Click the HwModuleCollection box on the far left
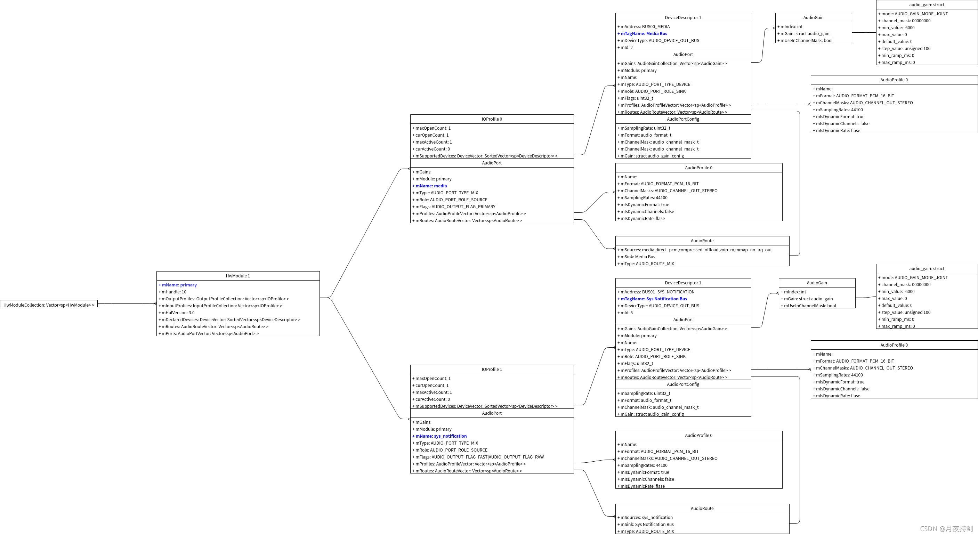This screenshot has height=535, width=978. pyautogui.click(x=49, y=305)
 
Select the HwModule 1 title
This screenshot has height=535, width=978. pyautogui.click(x=238, y=276)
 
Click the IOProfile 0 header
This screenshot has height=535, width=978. pyautogui.click(x=492, y=119)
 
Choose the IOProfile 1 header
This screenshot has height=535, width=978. pyautogui.click(x=492, y=370)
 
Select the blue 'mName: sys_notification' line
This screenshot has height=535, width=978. pyautogui.click(x=441, y=436)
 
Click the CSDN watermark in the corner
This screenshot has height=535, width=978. pyautogui.click(x=946, y=528)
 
